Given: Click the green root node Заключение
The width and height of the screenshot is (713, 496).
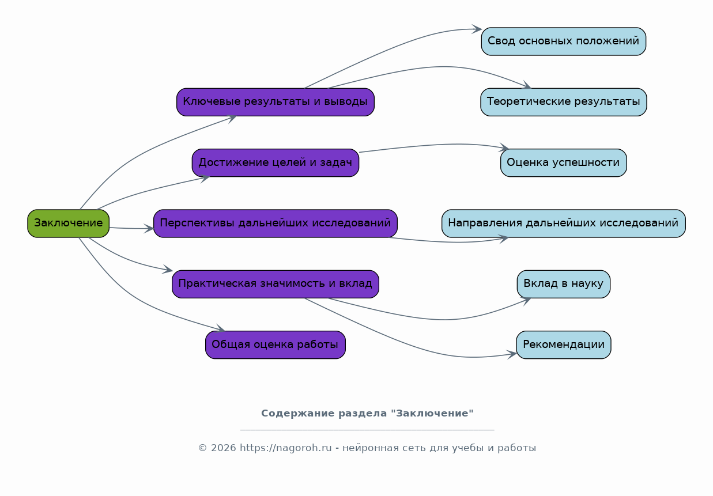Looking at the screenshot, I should tap(68, 224).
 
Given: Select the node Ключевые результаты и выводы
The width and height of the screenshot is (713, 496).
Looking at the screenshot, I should tap(275, 102).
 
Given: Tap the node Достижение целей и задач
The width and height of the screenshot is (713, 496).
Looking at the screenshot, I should tap(275, 162).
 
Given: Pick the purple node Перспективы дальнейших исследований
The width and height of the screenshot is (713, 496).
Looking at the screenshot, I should tap(275, 224).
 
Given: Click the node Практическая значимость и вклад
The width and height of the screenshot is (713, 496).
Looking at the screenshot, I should tap(275, 284).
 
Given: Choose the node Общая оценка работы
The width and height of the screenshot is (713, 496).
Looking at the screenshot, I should tap(275, 344).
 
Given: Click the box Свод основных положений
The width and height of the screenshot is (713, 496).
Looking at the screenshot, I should tap(563, 41).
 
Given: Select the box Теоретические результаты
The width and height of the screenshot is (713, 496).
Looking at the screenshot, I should tap(563, 102).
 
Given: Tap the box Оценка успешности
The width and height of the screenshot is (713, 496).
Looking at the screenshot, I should tap(563, 162).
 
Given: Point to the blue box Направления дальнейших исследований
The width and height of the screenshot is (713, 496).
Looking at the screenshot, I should tap(563, 224).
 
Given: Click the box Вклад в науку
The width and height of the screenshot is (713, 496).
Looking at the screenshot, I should tap(563, 284).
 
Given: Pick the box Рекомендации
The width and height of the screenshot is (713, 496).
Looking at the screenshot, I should tap(563, 344).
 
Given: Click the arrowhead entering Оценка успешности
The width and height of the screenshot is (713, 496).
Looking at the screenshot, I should tap(505, 148).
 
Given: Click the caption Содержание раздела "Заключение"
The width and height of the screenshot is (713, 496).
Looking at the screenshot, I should tap(367, 414).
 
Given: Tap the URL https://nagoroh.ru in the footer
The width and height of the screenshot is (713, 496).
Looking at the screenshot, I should tap(285, 448).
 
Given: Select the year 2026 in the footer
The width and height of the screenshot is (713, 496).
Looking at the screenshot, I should tap(223, 448).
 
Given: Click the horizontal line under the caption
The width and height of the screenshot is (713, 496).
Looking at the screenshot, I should tap(367, 430).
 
